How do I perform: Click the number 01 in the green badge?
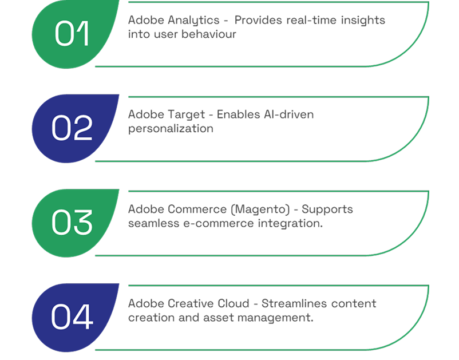pyautogui.click(x=72, y=33)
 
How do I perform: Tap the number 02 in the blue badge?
pyautogui.click(x=72, y=128)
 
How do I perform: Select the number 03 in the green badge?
pyautogui.click(x=72, y=222)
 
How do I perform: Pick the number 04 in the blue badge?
pyautogui.click(x=72, y=317)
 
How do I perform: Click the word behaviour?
pyautogui.click(x=209, y=34)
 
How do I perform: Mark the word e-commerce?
pyautogui.click(x=219, y=223)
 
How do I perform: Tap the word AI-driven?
pyautogui.click(x=288, y=114)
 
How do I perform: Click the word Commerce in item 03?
pyautogui.click(x=197, y=209)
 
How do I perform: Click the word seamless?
pyautogui.click(x=154, y=223)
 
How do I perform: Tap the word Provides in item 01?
pyautogui.click(x=259, y=20)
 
